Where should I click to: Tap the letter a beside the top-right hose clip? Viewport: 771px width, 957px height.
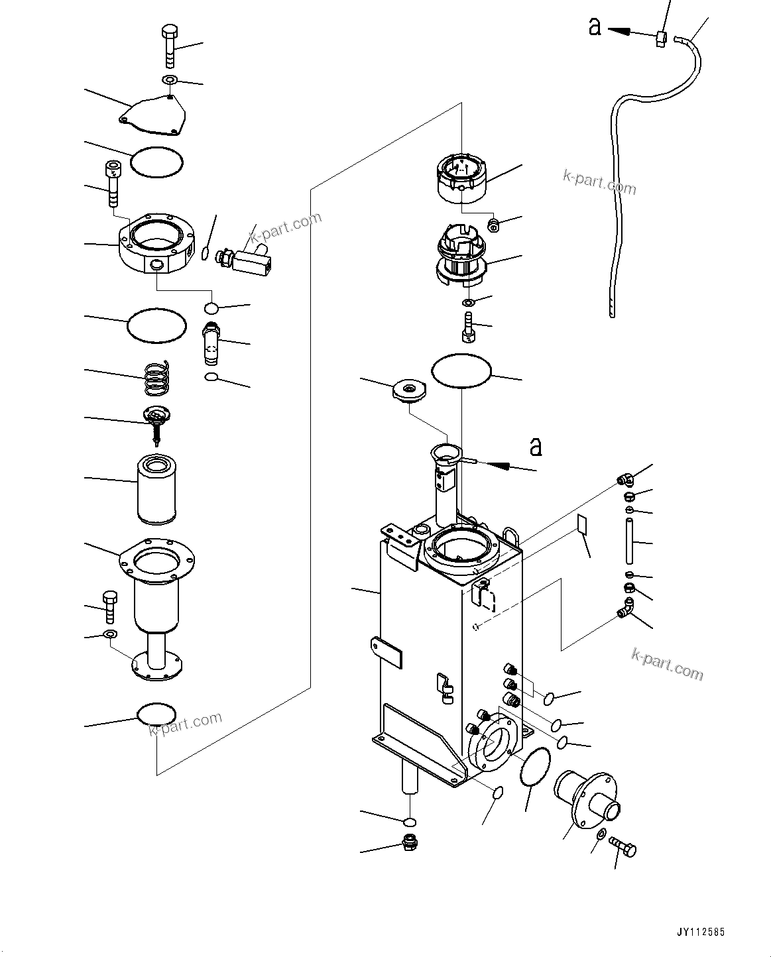click(595, 27)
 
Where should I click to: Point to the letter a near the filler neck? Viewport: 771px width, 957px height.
click(536, 447)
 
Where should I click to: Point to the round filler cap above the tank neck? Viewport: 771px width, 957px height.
click(408, 389)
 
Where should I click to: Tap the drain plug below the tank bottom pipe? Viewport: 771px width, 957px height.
click(410, 842)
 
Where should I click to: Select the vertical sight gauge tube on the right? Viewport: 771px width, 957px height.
click(628, 541)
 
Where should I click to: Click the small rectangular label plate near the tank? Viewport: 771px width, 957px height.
click(581, 524)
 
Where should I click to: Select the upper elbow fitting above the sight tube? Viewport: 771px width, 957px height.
click(624, 478)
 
